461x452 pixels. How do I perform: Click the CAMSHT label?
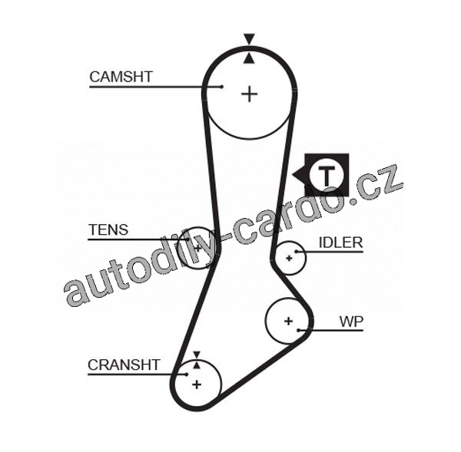(121, 77)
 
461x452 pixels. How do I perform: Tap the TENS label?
(108, 229)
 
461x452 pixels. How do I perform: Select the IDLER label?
(340, 242)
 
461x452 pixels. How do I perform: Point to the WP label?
(352, 321)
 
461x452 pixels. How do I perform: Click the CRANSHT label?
(123, 365)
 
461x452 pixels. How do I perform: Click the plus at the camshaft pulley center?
(249, 94)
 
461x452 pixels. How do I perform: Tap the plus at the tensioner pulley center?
(197, 249)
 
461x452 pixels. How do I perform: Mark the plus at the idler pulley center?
(289, 258)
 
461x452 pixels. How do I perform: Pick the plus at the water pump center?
(288, 320)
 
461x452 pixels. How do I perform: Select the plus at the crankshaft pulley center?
(196, 382)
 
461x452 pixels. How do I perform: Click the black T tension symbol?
(327, 174)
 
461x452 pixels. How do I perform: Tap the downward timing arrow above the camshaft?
(248, 38)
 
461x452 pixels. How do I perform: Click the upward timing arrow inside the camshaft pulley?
(248, 57)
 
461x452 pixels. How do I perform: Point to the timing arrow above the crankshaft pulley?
(196, 355)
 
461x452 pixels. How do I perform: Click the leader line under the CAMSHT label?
(154, 87)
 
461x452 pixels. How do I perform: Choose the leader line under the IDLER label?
(330, 252)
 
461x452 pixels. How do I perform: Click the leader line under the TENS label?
(138, 239)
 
